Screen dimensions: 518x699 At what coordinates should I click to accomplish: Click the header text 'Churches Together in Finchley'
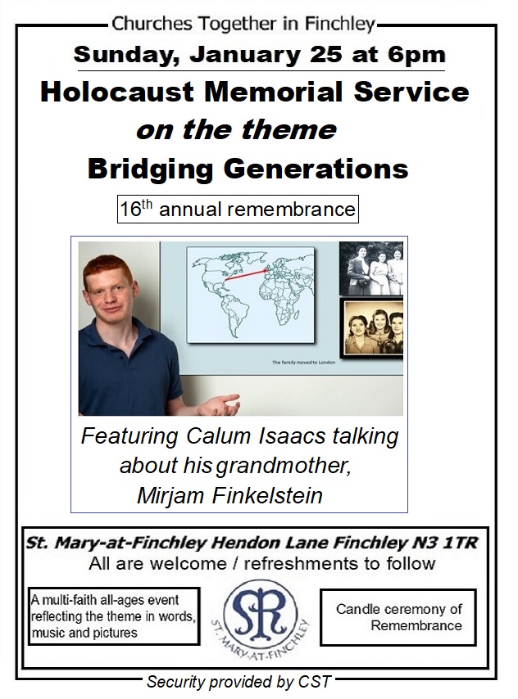point(243,24)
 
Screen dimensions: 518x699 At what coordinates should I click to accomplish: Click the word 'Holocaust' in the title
point(117,92)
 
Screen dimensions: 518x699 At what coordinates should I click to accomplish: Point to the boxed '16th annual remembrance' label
point(238,209)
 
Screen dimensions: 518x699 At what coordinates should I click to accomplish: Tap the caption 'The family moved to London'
point(303,363)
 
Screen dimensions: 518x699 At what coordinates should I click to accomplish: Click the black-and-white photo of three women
point(371,268)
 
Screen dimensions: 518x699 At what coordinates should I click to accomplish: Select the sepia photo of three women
point(371,328)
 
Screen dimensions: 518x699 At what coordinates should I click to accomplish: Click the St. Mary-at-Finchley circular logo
point(261,617)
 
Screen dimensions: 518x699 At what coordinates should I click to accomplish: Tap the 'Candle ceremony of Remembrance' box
point(398,617)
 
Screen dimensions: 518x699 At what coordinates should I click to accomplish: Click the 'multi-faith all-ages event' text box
point(114,616)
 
